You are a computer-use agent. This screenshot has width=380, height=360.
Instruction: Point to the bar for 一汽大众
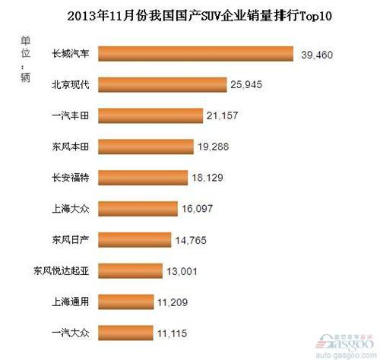113,333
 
